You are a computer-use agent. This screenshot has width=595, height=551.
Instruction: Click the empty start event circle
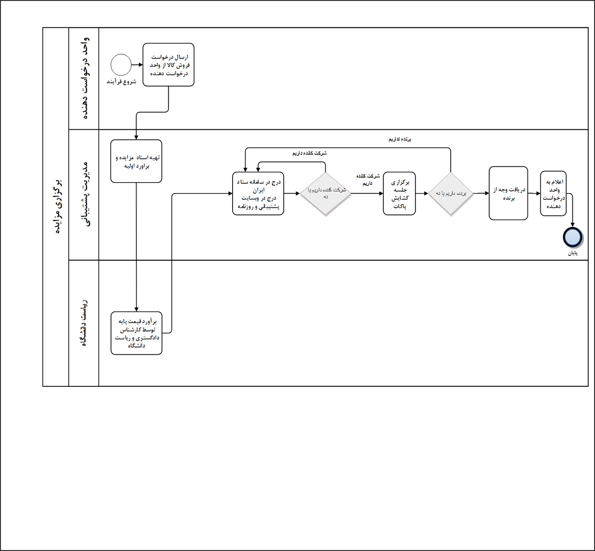(121, 65)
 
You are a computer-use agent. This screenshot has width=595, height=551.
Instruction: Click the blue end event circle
(572, 237)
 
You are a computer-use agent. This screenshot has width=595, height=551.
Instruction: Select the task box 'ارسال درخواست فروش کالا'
(168, 65)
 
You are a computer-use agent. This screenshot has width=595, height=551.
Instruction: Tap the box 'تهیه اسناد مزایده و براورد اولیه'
(136, 161)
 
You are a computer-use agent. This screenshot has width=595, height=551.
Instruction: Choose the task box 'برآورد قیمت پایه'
(136, 333)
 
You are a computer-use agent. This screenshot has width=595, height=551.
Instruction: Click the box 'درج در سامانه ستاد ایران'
(258, 194)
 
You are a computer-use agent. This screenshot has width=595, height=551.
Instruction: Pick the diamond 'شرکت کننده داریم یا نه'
(325, 194)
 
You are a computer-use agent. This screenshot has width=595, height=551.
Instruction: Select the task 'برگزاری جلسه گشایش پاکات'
(399, 194)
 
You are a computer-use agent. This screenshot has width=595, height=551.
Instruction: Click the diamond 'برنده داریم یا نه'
(451, 194)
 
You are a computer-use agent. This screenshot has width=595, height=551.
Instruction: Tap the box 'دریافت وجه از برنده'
(508, 193)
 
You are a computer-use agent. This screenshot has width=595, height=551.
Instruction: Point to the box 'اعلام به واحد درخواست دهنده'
(553, 194)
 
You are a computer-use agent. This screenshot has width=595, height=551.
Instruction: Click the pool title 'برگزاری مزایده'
(56, 207)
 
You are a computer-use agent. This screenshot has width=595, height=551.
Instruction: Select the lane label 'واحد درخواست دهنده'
(85, 78)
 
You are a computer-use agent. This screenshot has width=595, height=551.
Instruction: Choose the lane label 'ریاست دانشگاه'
(84, 323)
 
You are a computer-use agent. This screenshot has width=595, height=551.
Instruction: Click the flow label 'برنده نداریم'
(400, 140)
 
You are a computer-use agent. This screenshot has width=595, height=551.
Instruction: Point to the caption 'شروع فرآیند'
(121, 82)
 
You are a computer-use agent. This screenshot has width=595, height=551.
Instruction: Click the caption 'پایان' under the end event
(572, 253)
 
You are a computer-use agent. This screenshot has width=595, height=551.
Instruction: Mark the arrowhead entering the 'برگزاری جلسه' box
(381, 194)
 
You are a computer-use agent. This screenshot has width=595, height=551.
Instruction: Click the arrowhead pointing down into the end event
(572, 225)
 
